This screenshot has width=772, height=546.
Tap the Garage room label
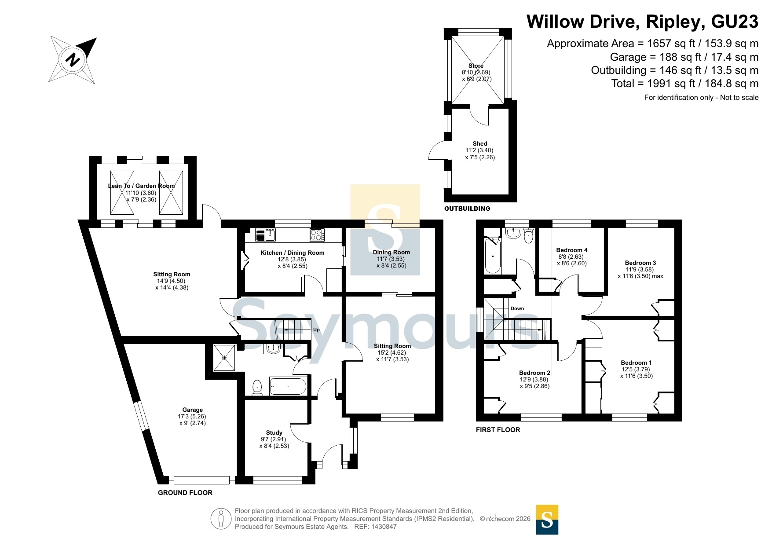point(193,410)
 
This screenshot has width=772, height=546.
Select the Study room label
point(274,432)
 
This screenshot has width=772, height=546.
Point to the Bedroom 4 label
point(572,250)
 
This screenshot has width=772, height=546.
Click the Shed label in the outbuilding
point(480,143)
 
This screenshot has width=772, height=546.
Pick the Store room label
point(476,66)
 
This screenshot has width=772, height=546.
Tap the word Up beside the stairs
point(316,330)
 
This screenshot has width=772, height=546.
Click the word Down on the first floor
point(517,308)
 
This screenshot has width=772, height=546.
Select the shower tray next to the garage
point(224,358)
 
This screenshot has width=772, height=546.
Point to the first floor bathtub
point(493,256)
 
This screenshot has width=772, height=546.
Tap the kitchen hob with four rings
point(317,235)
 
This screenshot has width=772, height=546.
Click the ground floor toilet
point(257,388)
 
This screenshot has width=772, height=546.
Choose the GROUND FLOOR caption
point(185,493)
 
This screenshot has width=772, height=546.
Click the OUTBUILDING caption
point(467,209)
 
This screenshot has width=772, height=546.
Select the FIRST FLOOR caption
point(498,430)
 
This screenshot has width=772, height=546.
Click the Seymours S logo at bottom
point(547,520)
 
